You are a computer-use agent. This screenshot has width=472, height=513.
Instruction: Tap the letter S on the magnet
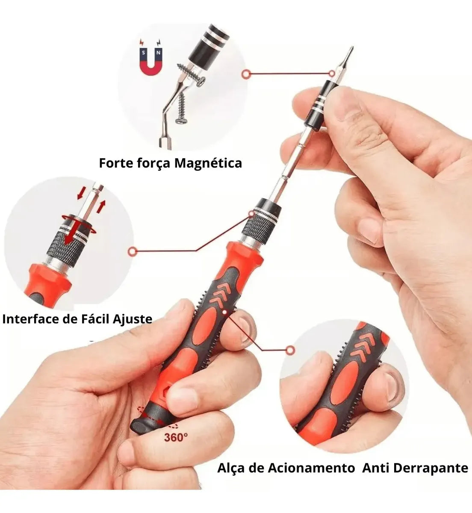(x=144, y=53)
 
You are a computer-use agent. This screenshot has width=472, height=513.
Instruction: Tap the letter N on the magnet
(x=158, y=53)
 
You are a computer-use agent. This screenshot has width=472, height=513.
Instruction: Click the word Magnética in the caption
(x=208, y=163)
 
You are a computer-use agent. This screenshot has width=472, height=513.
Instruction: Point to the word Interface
(x=32, y=319)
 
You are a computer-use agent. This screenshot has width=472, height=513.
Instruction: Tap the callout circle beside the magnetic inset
(x=246, y=74)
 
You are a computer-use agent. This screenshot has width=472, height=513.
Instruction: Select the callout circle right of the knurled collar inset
(x=132, y=252)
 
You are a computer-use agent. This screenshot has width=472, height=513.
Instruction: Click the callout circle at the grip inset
(x=290, y=350)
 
